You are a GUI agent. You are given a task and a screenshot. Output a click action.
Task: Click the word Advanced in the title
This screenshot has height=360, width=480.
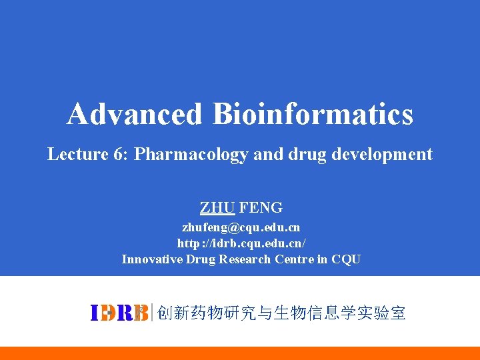click(133, 114)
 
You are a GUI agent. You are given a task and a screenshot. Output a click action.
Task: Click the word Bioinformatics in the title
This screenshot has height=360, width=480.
click(313, 114)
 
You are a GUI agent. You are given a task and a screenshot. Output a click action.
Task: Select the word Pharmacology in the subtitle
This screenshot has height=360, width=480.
click(191, 155)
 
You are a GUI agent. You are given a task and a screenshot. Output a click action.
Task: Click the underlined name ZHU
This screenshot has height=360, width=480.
click(217, 207)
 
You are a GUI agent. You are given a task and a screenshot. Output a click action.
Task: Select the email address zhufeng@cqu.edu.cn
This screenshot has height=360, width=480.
click(241, 227)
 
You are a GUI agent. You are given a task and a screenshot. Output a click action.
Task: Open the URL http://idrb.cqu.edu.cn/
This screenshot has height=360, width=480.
click(241, 243)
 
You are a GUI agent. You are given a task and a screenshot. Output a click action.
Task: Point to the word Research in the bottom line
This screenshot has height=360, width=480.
click(242, 259)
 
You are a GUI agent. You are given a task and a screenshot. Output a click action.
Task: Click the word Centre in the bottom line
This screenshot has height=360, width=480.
click(293, 259)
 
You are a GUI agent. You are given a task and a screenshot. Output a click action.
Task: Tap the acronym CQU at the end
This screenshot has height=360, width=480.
click(346, 259)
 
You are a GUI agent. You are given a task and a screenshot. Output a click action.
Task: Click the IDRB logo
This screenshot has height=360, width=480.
click(119, 313)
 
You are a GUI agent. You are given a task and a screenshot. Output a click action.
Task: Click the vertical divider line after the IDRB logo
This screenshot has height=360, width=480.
click(153, 313)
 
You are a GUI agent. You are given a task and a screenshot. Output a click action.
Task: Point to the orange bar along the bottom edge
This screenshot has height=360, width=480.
click(240, 353)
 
